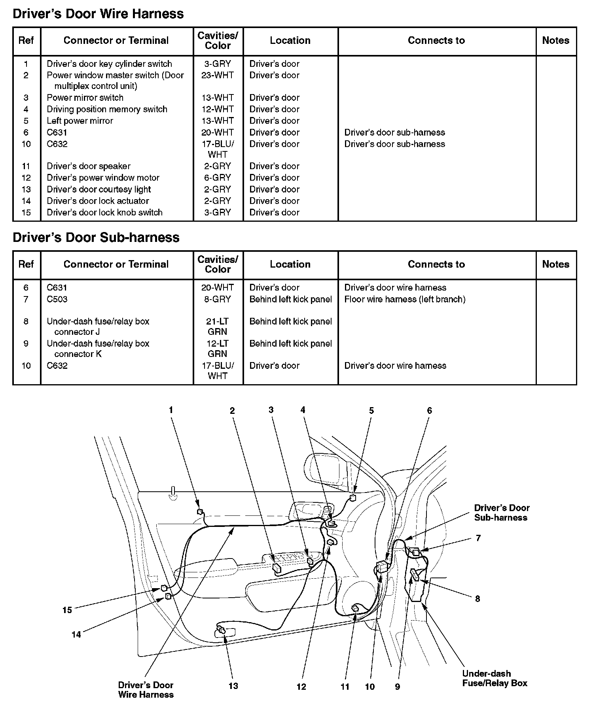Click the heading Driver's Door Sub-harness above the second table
(x=96, y=237)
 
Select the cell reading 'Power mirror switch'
(x=85, y=98)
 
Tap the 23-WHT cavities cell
(x=218, y=75)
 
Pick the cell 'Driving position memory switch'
(x=107, y=109)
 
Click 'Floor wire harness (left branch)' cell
(x=405, y=299)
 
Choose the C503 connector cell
(x=57, y=299)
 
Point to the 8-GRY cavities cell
(x=218, y=299)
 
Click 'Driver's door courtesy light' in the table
(x=99, y=189)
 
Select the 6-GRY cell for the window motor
(x=218, y=178)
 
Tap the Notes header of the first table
(x=555, y=40)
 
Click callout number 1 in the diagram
(x=171, y=410)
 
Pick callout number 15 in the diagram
(x=67, y=610)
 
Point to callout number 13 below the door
(x=233, y=686)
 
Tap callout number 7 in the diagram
(x=478, y=538)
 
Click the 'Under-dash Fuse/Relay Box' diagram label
(x=495, y=678)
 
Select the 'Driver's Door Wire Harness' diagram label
(x=146, y=690)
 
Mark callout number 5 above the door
(x=371, y=411)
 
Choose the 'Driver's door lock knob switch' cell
(x=104, y=212)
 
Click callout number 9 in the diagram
(x=398, y=687)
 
